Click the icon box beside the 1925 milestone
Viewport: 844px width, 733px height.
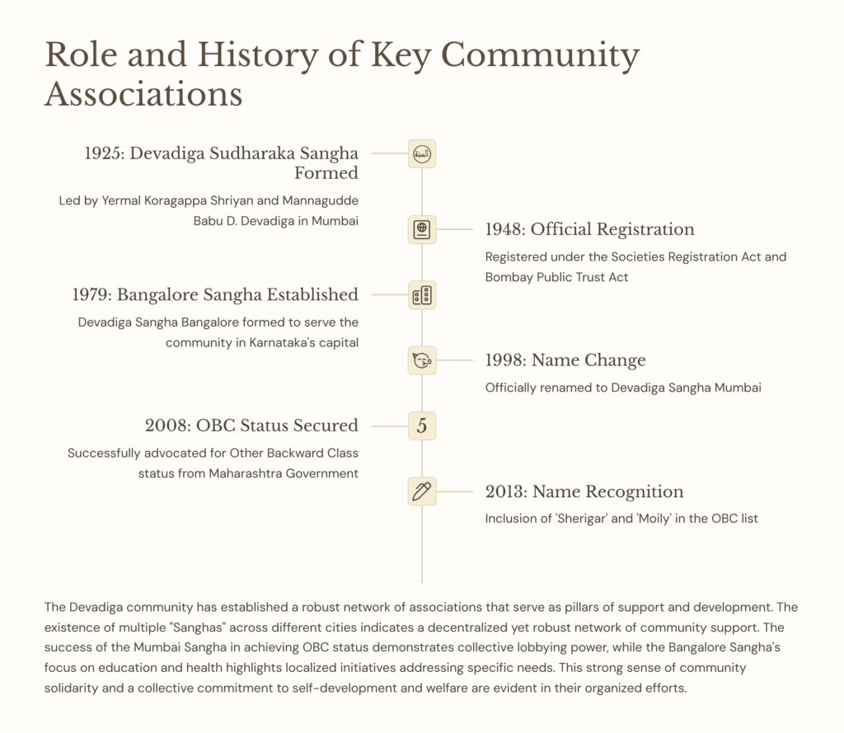point(422,154)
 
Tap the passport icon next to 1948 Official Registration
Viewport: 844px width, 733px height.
point(422,229)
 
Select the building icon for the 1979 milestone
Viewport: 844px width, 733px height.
point(422,295)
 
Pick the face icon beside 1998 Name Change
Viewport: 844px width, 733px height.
point(422,360)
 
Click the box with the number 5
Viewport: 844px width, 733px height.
point(422,425)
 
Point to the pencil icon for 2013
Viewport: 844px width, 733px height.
point(422,491)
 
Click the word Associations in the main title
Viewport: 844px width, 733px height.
point(143,93)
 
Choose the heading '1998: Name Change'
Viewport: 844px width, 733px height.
point(565,360)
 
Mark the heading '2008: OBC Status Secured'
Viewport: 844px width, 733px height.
point(251,425)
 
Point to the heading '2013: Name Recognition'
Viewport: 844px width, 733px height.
point(584,491)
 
